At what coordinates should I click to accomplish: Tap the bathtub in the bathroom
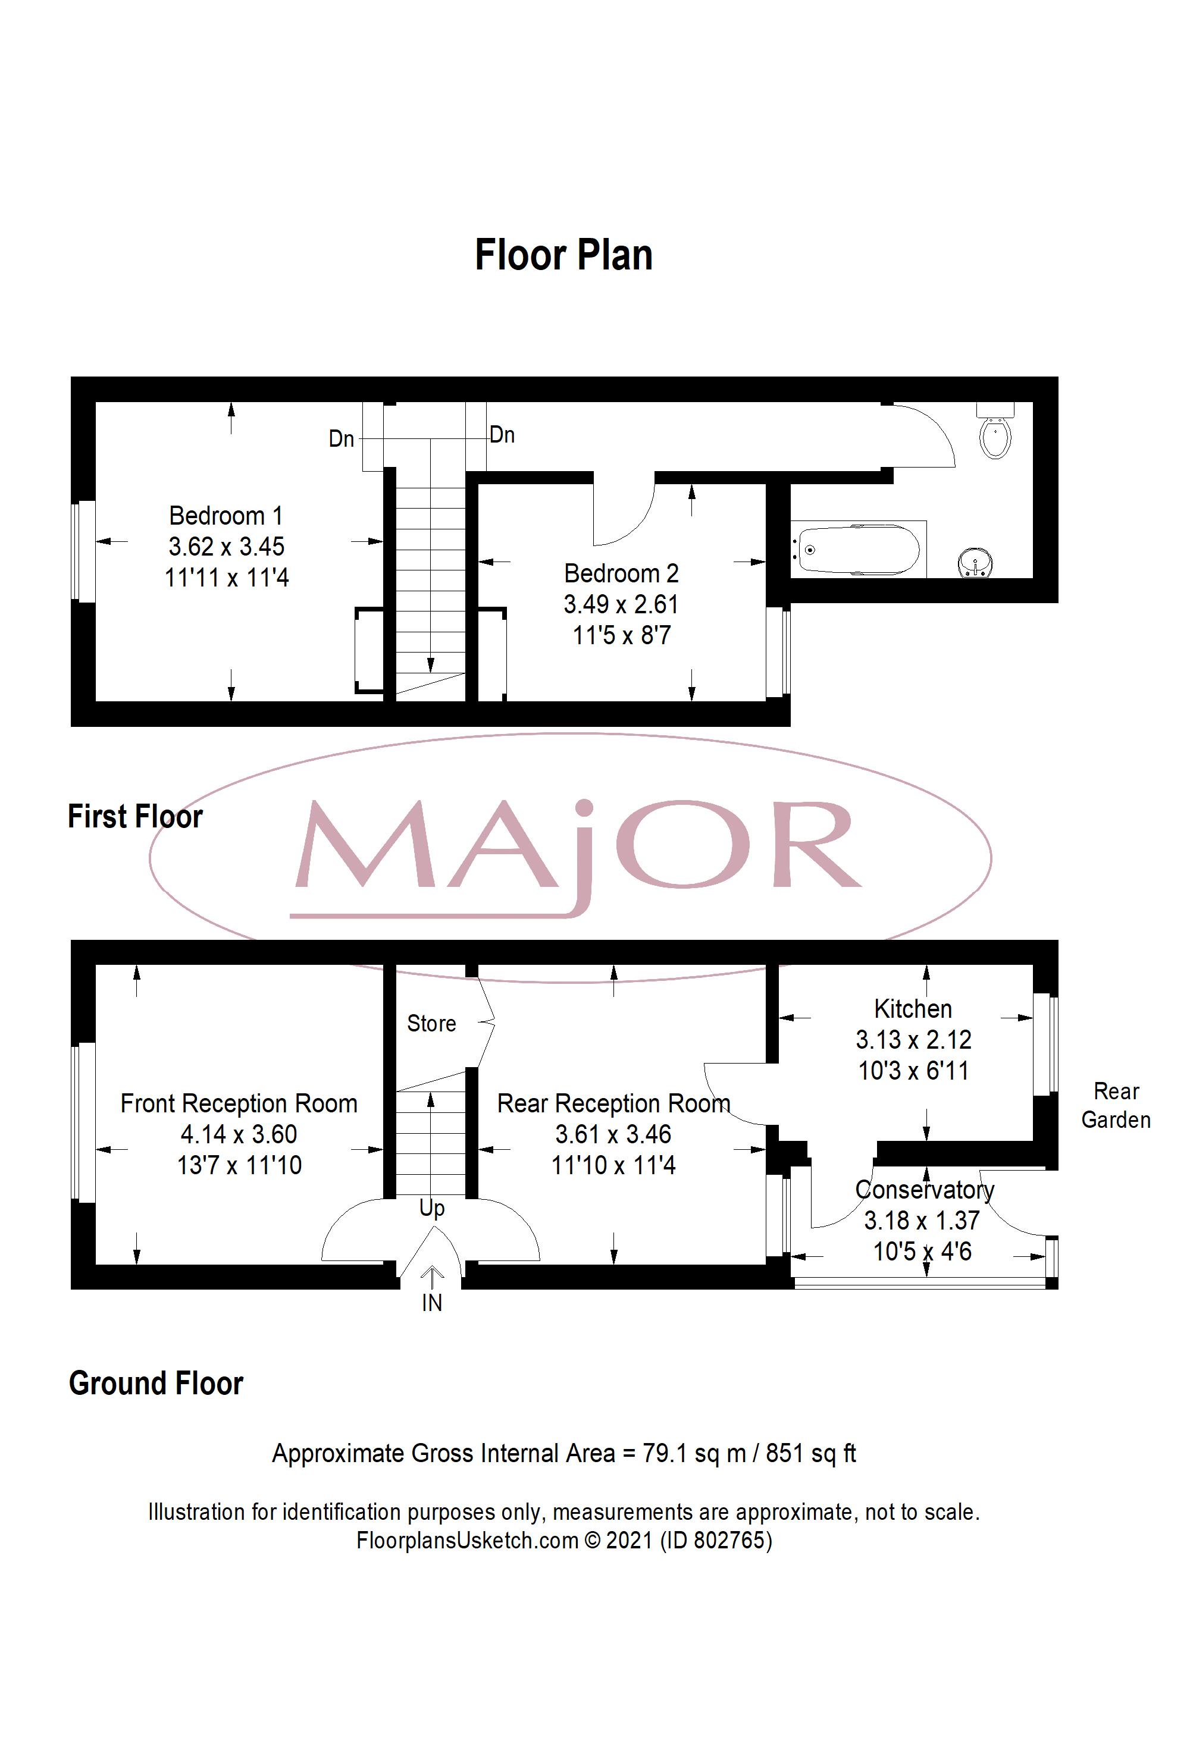tap(859, 549)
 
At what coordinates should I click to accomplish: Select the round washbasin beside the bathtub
tap(975, 563)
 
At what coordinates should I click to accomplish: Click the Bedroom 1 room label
tap(226, 516)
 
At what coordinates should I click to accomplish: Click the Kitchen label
tap(913, 1008)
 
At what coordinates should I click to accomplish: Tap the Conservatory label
tap(925, 1190)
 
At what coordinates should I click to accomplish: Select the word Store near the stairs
tap(431, 1023)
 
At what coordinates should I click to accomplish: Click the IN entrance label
tap(431, 1303)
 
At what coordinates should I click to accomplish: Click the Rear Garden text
tap(1116, 1105)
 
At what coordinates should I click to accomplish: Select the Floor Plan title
tap(563, 255)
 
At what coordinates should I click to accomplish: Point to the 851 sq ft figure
tap(811, 1453)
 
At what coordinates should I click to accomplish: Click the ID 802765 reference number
tap(716, 1540)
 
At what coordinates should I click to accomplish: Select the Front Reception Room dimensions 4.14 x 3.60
tap(239, 1134)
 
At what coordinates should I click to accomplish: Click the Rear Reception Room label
tap(614, 1103)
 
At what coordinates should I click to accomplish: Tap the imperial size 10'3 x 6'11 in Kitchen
tap(913, 1070)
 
